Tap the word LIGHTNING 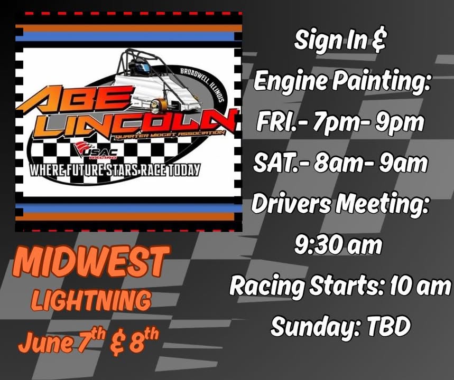90,301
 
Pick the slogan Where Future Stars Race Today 115,170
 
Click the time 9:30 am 338,245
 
